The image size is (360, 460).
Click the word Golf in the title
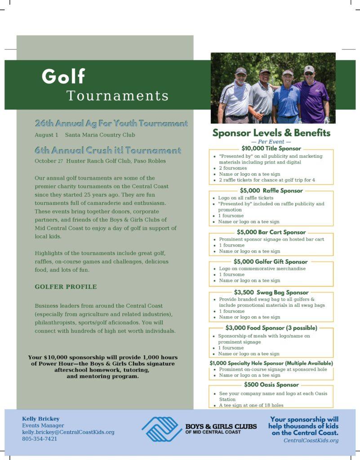(63, 76)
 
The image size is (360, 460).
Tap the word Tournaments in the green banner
(118, 96)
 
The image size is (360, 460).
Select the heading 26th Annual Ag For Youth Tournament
(111, 123)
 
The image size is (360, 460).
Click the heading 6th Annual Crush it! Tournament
(108, 150)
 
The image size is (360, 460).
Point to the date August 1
(46, 135)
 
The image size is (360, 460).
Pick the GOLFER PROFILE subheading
(66, 287)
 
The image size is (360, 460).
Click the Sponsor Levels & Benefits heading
(271, 133)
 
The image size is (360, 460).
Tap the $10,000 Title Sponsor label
(271, 148)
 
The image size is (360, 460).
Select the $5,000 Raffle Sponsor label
(271, 190)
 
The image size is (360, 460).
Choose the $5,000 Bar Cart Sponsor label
(271, 232)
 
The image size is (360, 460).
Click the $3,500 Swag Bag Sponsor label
(271, 292)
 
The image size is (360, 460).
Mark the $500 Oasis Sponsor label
(271, 385)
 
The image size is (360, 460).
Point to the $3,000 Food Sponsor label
(271, 328)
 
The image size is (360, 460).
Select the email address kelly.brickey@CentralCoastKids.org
(68, 432)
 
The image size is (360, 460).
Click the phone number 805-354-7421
(40, 439)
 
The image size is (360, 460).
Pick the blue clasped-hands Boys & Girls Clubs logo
(162, 429)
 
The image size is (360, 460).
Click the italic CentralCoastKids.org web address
(311, 441)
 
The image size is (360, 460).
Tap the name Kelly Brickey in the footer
(41, 419)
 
